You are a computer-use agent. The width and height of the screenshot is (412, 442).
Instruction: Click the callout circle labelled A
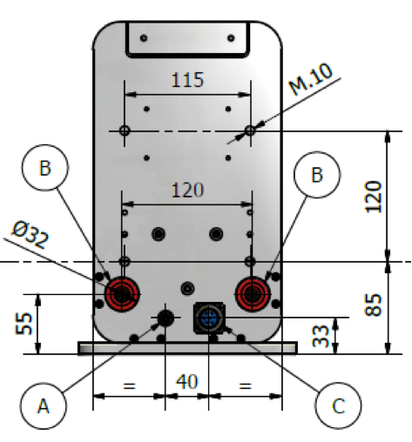[x=44, y=405]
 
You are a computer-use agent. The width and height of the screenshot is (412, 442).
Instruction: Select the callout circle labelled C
[x=338, y=405]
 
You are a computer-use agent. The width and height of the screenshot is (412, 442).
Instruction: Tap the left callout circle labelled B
[x=45, y=168]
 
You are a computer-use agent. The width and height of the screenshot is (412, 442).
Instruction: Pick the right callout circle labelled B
[x=317, y=175]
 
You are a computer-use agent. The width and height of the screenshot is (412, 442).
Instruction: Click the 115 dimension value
[x=187, y=80]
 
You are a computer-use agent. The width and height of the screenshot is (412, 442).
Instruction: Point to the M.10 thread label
[x=310, y=79]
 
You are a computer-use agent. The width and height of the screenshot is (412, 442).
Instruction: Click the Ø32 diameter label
[x=30, y=235]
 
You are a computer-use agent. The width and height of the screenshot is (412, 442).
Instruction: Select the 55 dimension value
[x=24, y=324]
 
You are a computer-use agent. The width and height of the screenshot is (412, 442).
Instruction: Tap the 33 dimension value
[x=321, y=336]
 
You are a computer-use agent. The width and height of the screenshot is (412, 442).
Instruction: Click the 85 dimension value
[x=373, y=305]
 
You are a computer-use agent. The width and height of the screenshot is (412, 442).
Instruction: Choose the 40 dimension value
[x=187, y=382]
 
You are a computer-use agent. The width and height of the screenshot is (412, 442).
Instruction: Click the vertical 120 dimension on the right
[x=373, y=197]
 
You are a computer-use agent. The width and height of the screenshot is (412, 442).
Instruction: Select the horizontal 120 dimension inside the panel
[x=187, y=191]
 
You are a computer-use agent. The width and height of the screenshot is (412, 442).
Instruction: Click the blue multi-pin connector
[x=209, y=318]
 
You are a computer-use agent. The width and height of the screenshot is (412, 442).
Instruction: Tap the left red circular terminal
[x=122, y=294]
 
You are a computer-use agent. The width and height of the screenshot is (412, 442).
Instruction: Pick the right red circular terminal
[x=253, y=294]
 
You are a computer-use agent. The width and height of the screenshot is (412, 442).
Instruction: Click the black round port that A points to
[x=165, y=318]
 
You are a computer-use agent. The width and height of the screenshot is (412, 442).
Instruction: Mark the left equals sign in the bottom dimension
[x=129, y=385]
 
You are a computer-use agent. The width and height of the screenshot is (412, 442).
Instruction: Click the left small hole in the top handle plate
[x=144, y=38]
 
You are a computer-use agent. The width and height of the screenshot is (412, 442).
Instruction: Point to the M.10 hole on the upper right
[x=250, y=131]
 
